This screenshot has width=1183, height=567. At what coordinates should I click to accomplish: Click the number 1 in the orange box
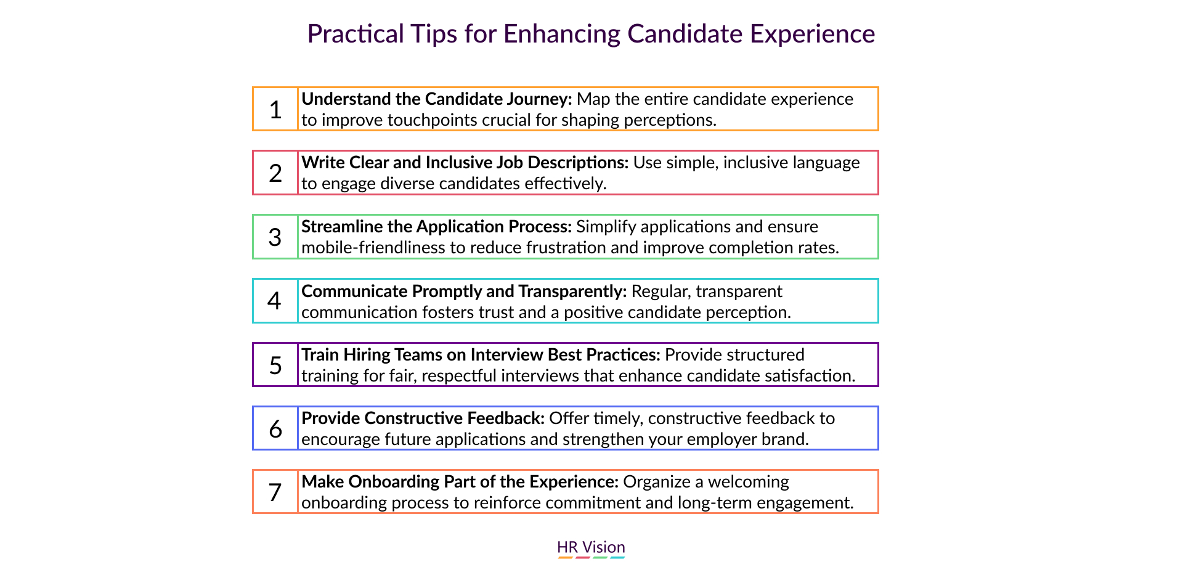point(275,110)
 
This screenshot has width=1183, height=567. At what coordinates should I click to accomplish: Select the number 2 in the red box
point(275,173)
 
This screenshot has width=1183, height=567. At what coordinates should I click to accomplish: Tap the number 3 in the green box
point(275,237)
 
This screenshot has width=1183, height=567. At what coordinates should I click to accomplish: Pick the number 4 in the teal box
point(275,301)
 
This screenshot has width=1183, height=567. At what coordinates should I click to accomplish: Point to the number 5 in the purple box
point(275,365)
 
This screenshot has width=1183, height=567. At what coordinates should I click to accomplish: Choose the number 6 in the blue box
point(275,428)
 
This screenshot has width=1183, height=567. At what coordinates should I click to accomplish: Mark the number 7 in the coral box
point(275,492)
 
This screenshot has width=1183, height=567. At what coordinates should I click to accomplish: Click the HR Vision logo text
point(591,547)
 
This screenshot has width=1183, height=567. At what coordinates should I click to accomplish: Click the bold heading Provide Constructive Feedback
point(423,418)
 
